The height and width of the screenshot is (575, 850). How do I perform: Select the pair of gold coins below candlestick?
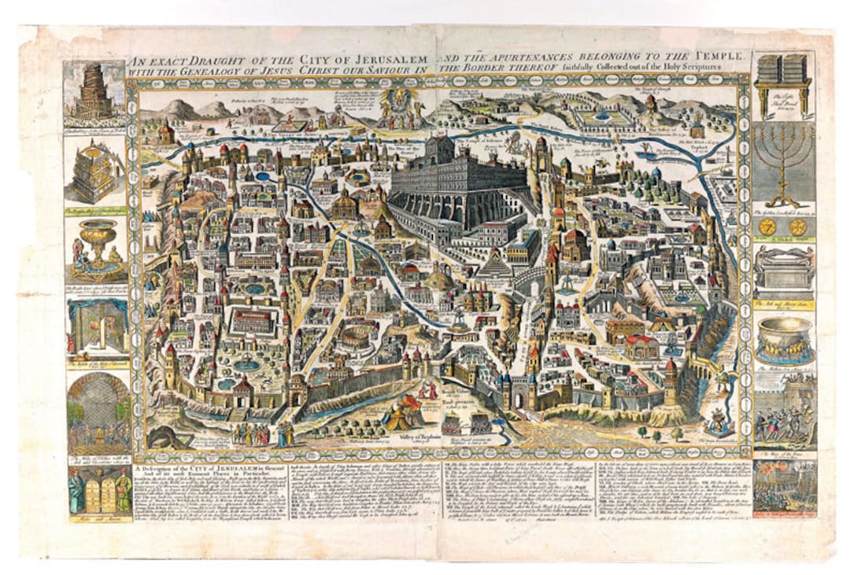782,227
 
